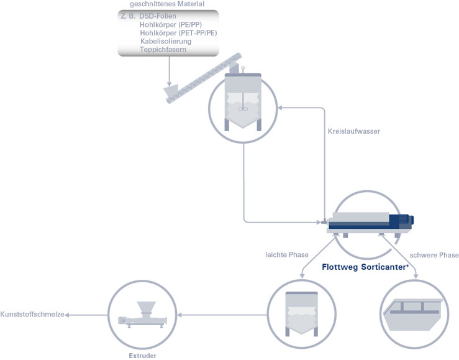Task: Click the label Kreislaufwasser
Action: (x=353, y=131)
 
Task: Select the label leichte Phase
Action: (x=286, y=254)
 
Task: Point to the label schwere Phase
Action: (x=434, y=255)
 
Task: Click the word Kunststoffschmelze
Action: (x=32, y=315)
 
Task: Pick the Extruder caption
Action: (x=142, y=356)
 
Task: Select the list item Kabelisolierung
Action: (x=165, y=41)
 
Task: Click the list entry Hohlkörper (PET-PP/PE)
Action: (x=178, y=33)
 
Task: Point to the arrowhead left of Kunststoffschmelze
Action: (x=68, y=315)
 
